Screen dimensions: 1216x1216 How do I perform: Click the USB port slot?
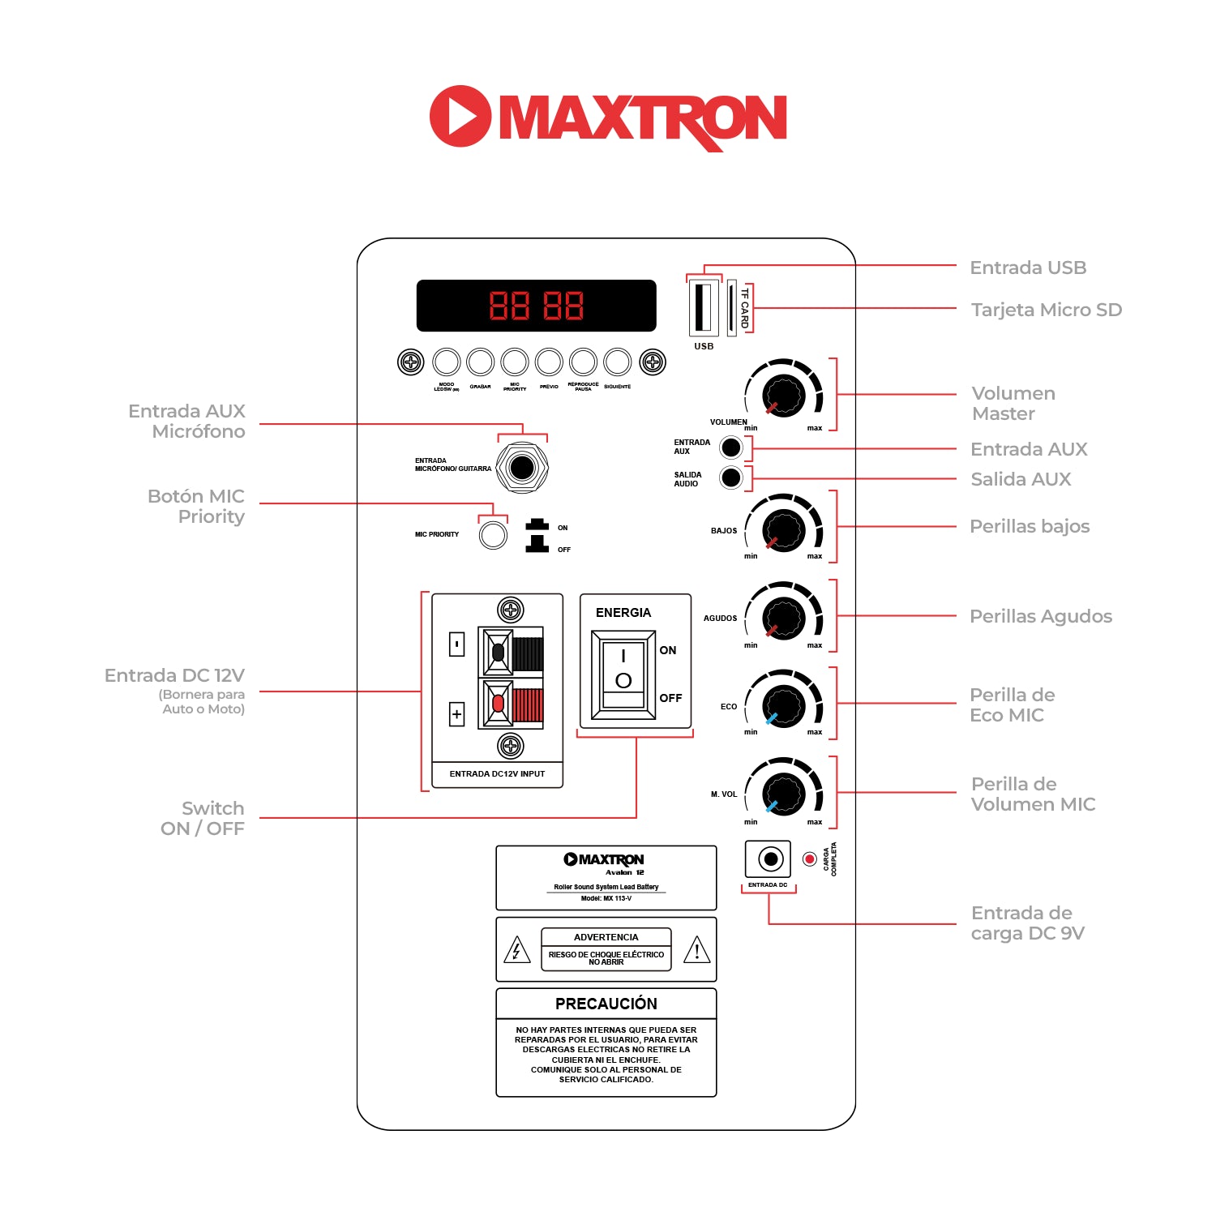[703, 306]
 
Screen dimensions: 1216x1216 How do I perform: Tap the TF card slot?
[732, 307]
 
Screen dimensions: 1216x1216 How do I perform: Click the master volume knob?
[784, 396]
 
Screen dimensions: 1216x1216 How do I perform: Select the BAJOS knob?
[784, 530]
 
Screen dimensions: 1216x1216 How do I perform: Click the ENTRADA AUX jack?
[731, 447]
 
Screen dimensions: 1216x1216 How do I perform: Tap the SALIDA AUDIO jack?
[731, 477]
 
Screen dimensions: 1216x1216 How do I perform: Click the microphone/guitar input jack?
[522, 467]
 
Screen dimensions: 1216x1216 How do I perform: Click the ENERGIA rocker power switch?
[623, 675]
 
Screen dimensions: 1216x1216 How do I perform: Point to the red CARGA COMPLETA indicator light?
[809, 859]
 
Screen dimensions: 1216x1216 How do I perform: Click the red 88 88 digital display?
[536, 306]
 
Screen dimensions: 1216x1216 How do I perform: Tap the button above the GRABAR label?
[481, 362]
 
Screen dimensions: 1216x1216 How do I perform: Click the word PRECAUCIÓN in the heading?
[606, 1004]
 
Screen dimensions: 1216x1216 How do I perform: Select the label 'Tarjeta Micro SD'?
[1046, 310]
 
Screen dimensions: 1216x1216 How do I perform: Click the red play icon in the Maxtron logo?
[460, 116]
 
